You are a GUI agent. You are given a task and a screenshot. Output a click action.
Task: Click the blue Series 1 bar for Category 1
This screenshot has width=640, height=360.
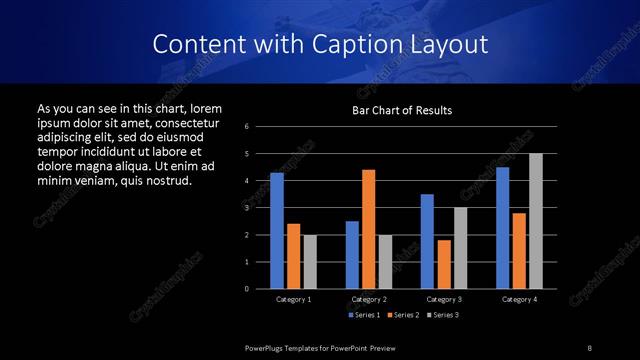point(277,231)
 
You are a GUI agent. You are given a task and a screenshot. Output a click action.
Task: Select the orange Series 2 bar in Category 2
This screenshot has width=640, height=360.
point(369,229)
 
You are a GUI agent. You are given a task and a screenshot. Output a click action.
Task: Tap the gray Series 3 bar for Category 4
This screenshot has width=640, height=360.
point(535,221)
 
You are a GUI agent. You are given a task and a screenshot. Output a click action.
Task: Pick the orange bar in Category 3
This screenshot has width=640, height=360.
point(444,264)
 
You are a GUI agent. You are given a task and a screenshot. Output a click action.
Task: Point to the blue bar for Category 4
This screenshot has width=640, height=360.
point(503,228)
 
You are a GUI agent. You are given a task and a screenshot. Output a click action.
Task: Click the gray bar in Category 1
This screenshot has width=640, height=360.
point(310,262)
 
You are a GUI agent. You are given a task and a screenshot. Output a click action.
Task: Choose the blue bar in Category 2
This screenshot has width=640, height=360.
point(352,255)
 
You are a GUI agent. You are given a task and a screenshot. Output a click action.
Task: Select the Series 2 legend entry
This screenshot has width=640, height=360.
point(399,315)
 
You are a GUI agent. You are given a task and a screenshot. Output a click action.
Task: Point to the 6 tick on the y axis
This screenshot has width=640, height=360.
point(246,127)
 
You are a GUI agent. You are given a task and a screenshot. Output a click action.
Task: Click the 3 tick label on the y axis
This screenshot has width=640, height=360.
point(246,208)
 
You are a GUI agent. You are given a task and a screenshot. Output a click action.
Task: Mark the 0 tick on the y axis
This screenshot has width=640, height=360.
point(246,289)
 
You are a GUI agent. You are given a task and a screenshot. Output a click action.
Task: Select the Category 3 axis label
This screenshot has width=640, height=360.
point(444,299)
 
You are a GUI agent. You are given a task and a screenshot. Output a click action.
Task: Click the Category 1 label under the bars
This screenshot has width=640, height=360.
point(294,299)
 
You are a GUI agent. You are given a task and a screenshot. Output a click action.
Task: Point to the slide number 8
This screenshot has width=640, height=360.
point(590,347)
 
